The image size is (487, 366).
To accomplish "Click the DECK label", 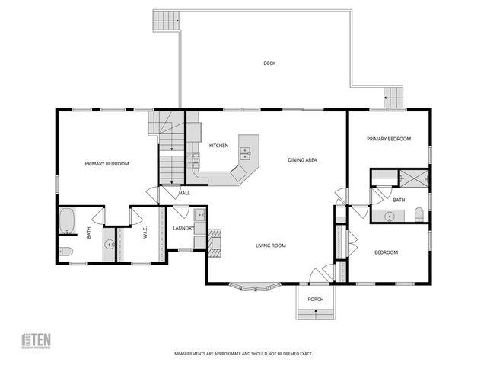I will click(x=269, y=63).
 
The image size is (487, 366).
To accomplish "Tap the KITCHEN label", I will click(x=219, y=145).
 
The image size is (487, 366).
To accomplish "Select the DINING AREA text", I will click(x=302, y=159).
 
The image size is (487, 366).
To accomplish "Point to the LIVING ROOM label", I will click(x=270, y=245).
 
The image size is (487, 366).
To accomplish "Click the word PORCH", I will click(x=315, y=299).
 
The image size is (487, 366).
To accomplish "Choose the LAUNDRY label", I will click(x=183, y=227).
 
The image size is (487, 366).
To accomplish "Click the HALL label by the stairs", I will click(x=184, y=193).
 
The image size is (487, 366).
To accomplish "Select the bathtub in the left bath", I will click(x=67, y=222).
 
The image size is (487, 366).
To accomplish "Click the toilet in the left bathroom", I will click(x=66, y=251).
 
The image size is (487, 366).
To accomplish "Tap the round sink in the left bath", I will click(x=109, y=245).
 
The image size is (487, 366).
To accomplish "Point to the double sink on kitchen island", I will click(x=246, y=153).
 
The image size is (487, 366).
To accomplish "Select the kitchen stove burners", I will click(x=196, y=160).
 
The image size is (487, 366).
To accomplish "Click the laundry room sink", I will click(x=199, y=214).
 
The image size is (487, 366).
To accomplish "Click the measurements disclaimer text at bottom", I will click(x=243, y=354).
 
